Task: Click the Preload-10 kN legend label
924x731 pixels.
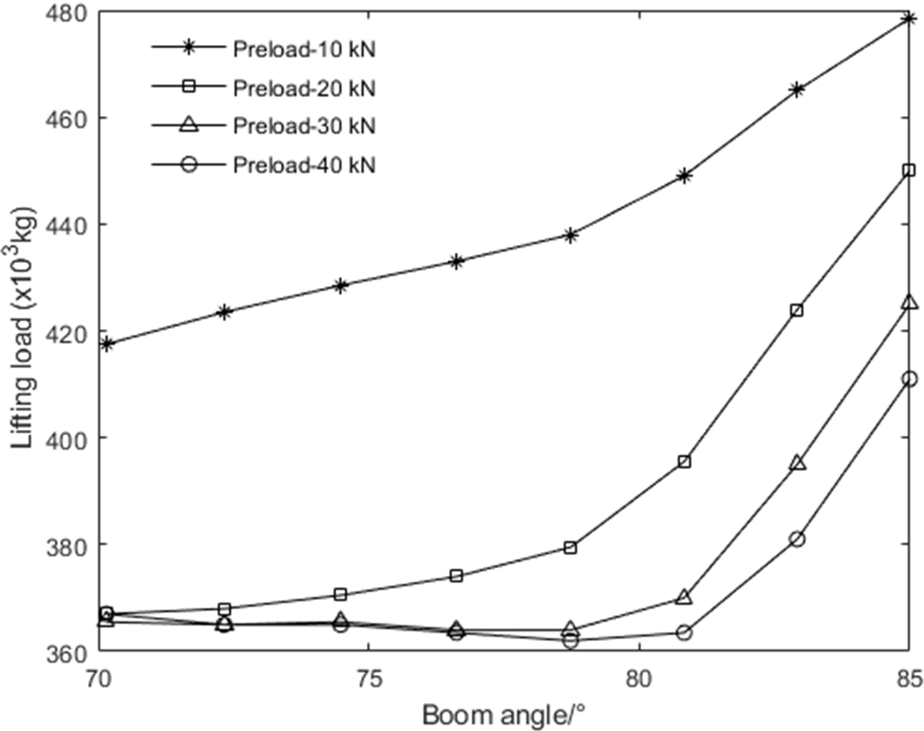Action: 303,49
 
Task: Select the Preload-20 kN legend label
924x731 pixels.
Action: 303,88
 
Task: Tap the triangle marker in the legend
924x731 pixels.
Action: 189,125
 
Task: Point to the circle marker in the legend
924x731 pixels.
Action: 189,164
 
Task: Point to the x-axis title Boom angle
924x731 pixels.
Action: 503,715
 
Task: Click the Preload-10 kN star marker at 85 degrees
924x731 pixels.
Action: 909,19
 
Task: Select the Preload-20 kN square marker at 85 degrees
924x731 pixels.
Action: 909,170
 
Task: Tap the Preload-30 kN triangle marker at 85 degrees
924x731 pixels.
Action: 909,303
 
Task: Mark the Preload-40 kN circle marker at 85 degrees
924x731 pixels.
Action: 909,379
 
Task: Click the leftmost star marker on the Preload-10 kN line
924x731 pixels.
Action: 107,344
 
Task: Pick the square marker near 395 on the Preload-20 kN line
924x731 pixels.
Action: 684,462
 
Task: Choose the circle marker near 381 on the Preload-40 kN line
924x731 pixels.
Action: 797,539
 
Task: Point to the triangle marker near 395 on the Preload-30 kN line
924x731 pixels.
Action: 797,463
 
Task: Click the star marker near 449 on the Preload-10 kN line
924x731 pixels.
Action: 684,176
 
